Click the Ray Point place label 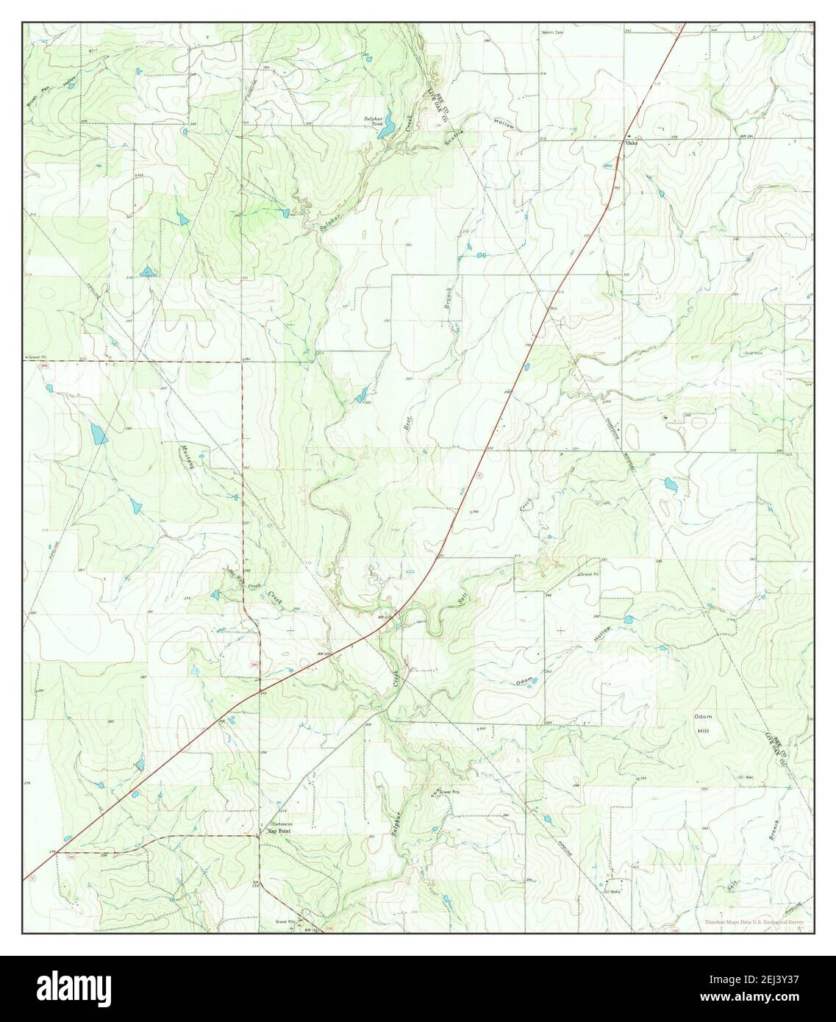(279, 831)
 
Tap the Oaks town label (631, 143)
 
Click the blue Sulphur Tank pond (390, 120)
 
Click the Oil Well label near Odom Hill (748, 776)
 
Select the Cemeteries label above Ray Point (282, 823)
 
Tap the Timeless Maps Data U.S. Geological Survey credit (753, 922)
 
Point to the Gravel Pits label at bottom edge (285, 921)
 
